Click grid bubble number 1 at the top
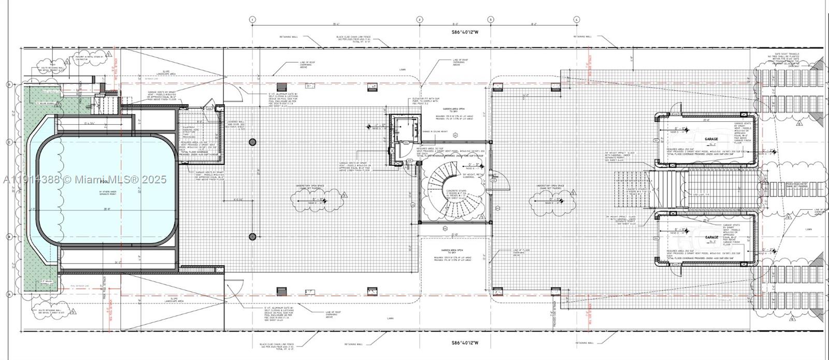coord(252,20)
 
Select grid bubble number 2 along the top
coord(419,20)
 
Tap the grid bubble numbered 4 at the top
coord(576,20)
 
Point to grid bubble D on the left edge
coord(9,84)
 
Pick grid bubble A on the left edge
coord(9,294)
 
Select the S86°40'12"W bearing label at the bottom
coord(464,342)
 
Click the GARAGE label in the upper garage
coord(711,140)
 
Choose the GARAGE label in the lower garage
coord(711,237)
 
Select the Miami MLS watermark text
coord(84,179)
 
